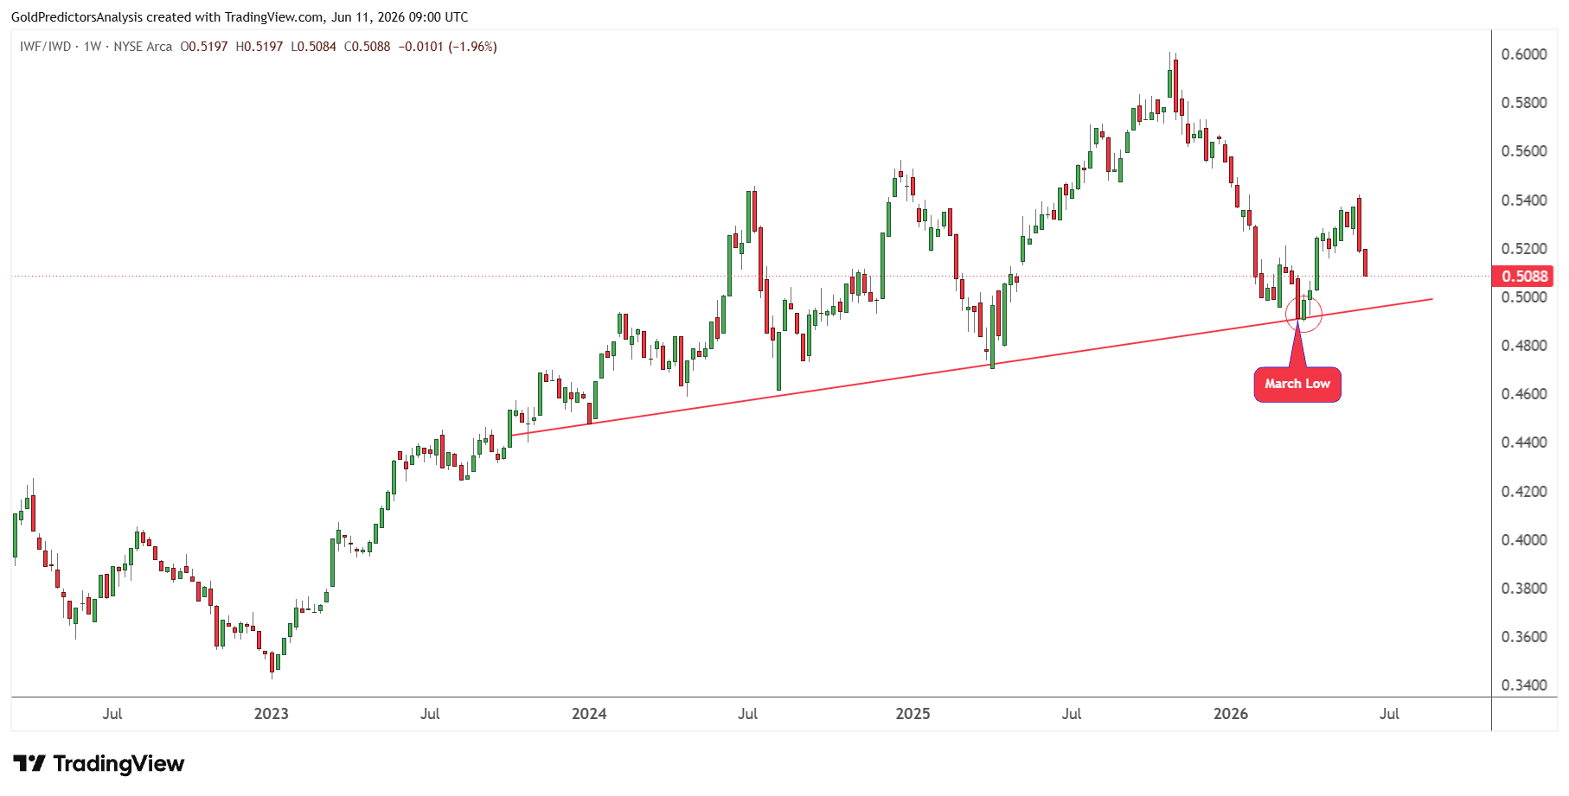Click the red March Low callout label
click(1297, 384)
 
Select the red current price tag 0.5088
click(1524, 277)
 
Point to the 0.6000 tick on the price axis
click(1524, 54)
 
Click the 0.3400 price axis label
click(1524, 685)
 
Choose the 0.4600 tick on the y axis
click(1524, 394)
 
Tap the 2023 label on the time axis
click(272, 714)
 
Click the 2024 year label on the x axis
click(589, 714)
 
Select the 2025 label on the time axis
click(913, 714)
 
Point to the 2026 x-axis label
click(1231, 714)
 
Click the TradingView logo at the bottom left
click(99, 764)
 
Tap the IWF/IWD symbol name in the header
click(46, 47)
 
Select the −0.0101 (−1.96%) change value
click(447, 47)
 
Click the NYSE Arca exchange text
click(143, 47)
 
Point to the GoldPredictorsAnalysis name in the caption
click(77, 17)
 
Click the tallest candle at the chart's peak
click(1175, 86)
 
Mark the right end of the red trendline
click(1432, 299)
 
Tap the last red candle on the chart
click(1366, 263)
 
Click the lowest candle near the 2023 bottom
click(272, 663)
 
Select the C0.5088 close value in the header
click(368, 47)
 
